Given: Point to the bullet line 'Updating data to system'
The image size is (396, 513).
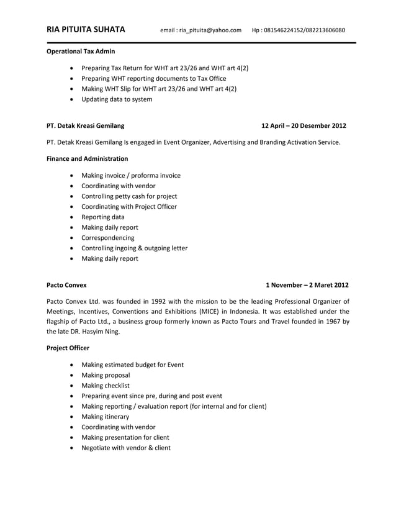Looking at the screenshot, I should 117,99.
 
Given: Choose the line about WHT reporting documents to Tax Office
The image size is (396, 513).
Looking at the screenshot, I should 154,78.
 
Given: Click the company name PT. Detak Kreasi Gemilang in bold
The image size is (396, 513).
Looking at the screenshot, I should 85,126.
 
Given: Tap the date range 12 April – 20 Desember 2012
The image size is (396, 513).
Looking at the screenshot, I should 304,126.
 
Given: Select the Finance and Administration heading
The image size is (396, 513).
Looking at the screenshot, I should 88,159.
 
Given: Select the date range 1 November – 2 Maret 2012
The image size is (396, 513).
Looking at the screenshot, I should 307,286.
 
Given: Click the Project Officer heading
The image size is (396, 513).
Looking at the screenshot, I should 68,348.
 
